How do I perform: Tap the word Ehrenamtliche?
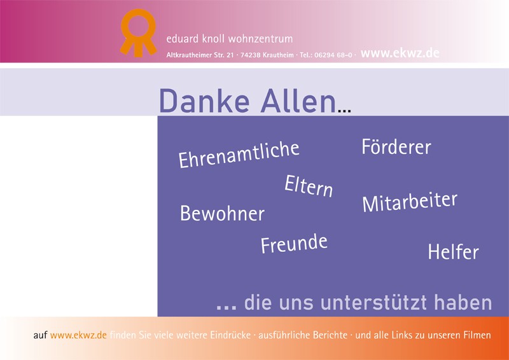click(239, 155)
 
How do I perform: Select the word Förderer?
click(396, 146)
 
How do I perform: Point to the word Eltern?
click(309, 186)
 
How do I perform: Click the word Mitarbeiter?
click(410, 202)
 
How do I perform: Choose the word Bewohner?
click(222, 213)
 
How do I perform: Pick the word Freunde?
click(294, 244)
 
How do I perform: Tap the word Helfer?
click(453, 252)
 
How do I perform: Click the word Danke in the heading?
click(204, 100)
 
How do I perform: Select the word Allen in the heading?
click(298, 100)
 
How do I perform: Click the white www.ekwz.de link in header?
click(400, 53)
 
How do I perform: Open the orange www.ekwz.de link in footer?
click(78, 335)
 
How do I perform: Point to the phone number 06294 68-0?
click(333, 55)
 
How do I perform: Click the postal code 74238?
click(250, 55)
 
